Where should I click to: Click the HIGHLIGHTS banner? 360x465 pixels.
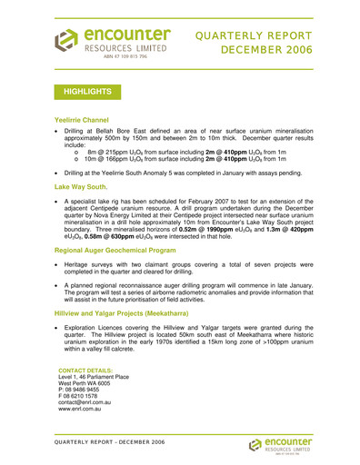[88, 92]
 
